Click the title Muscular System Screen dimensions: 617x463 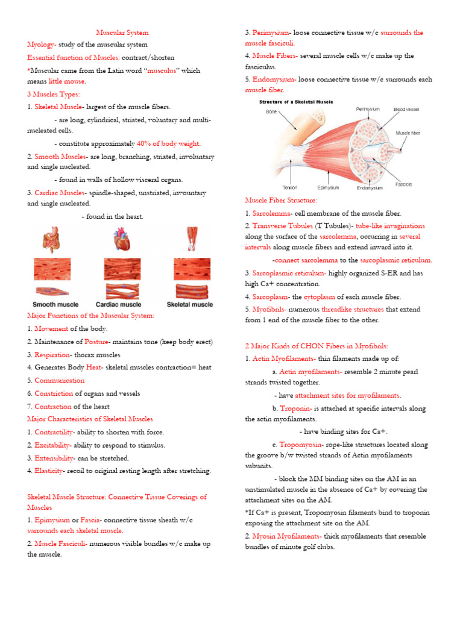pyautogui.click(x=122, y=33)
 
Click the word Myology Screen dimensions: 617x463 pyautogui.click(x=42, y=45)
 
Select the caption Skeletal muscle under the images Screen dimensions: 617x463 pyautogui.click(x=190, y=304)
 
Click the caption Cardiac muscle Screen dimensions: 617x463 pyautogui.click(x=122, y=304)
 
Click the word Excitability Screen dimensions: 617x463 pyautogui.click(x=52, y=445)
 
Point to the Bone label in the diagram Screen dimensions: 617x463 pyautogui.click(x=272, y=111)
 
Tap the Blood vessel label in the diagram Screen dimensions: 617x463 pyautogui.click(x=408, y=110)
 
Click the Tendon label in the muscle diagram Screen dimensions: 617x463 pyautogui.click(x=291, y=187)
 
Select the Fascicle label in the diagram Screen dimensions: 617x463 pyautogui.click(x=404, y=184)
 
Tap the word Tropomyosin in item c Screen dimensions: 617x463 pyautogui.click(x=301, y=445)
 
